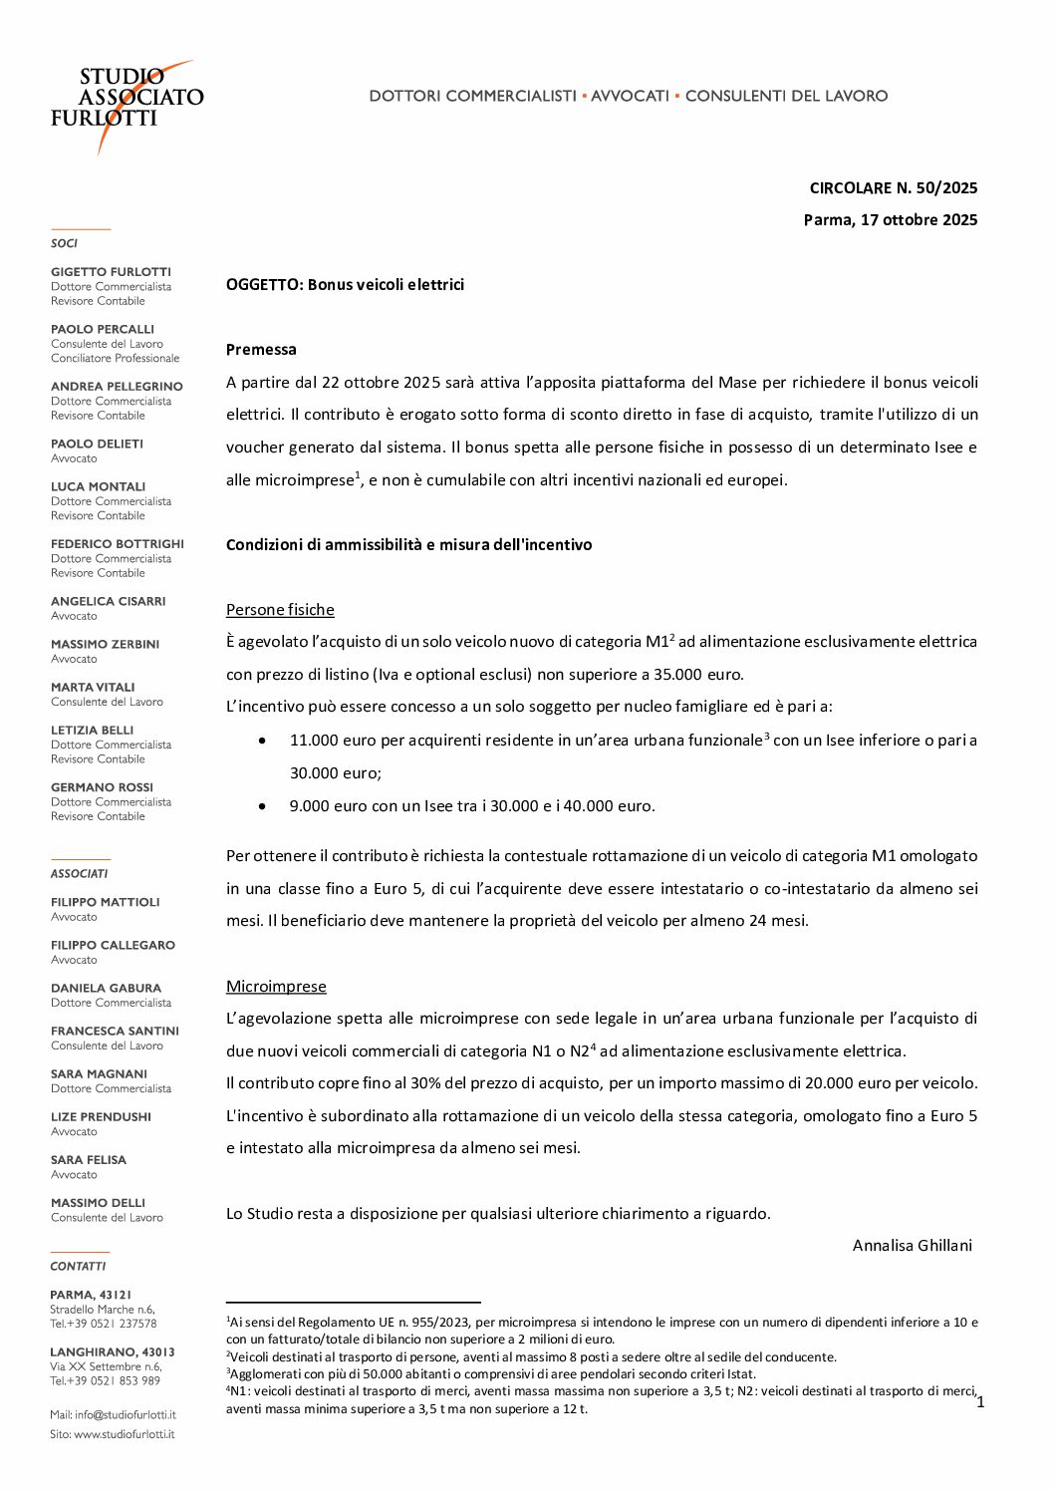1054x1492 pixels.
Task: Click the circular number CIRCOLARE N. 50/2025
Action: point(893,187)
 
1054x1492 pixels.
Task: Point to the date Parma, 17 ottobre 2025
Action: point(890,219)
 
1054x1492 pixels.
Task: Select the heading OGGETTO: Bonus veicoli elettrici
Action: point(345,284)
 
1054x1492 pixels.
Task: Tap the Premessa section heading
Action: point(261,349)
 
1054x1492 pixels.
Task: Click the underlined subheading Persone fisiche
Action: point(280,609)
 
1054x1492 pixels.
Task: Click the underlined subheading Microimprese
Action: point(276,986)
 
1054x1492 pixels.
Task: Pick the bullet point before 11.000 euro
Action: point(262,741)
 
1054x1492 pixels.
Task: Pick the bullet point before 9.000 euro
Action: point(262,806)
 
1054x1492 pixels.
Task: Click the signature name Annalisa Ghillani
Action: point(912,1245)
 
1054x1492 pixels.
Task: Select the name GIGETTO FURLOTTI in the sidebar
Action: point(111,272)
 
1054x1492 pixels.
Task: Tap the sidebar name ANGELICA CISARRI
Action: point(108,601)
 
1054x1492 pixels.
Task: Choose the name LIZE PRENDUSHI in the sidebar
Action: point(101,1116)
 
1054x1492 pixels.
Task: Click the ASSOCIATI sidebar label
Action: point(79,873)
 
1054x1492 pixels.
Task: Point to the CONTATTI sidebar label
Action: point(78,1266)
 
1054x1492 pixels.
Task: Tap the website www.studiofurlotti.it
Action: point(124,1434)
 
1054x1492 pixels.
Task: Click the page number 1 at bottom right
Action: point(980,1401)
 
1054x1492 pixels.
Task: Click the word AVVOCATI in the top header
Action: point(630,96)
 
